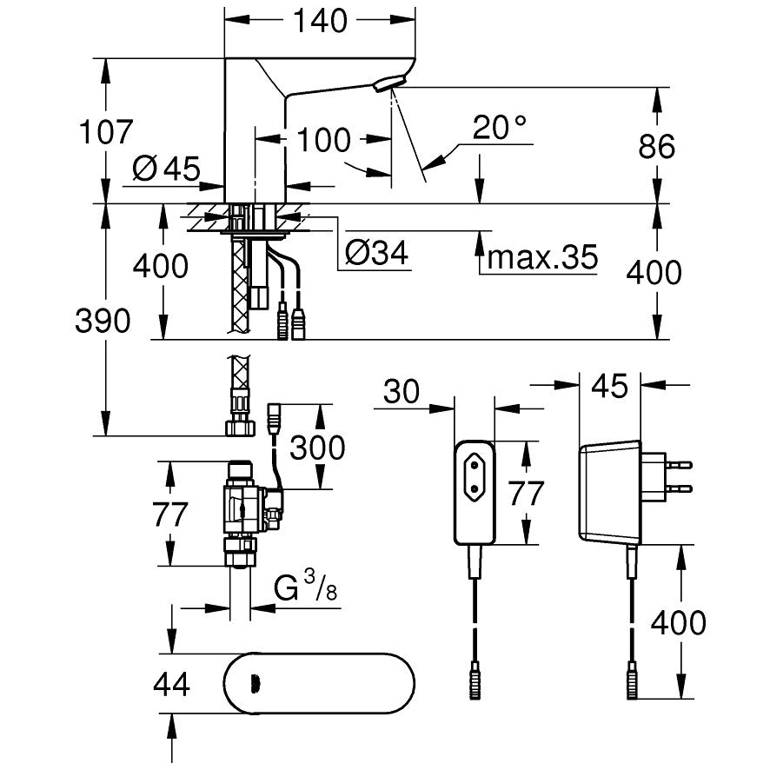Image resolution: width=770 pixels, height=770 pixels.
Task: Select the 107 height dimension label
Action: tap(106, 132)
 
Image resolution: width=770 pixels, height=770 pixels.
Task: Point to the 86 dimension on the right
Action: tap(656, 146)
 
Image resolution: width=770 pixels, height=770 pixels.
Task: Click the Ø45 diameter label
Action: tap(167, 168)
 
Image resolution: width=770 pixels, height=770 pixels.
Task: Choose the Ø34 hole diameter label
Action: tap(376, 253)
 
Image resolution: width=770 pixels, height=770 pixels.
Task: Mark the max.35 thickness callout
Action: tap(542, 256)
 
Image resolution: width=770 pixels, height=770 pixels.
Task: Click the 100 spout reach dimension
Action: tap(323, 140)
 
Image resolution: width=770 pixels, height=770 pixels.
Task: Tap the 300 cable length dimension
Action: tap(316, 448)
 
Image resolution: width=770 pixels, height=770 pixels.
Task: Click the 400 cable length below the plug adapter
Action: tap(678, 621)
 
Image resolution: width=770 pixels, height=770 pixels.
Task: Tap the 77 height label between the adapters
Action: tap(525, 493)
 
